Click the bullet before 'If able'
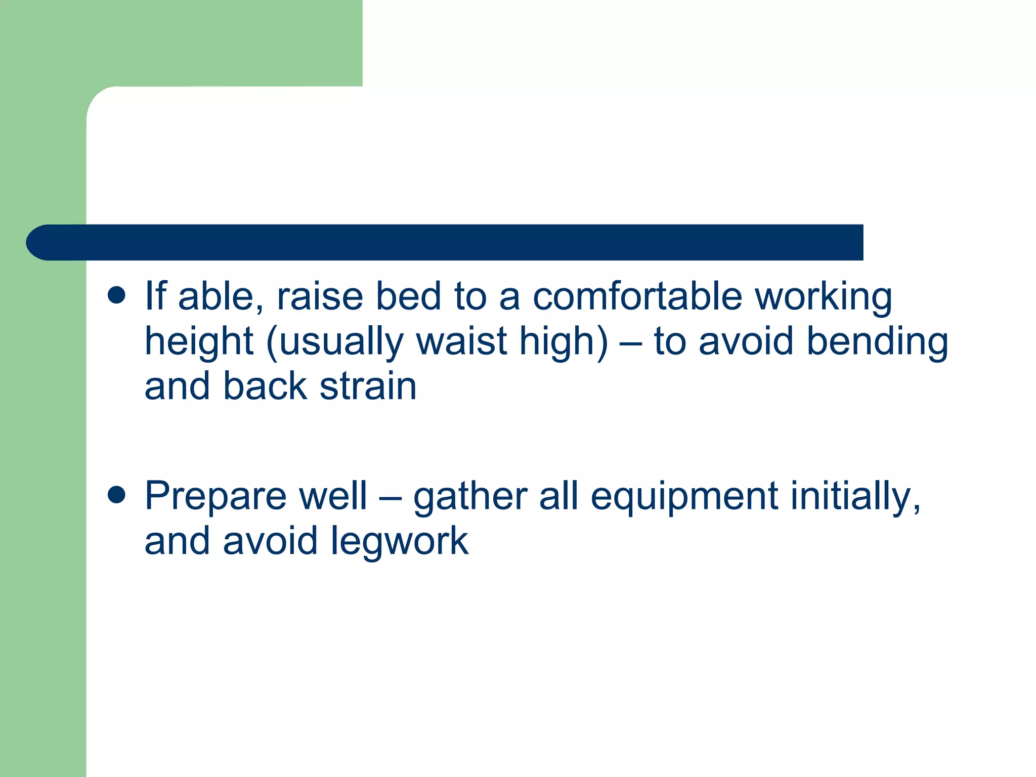[116, 295]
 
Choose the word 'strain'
[368, 386]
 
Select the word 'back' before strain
[265, 386]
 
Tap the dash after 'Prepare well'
[390, 497]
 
